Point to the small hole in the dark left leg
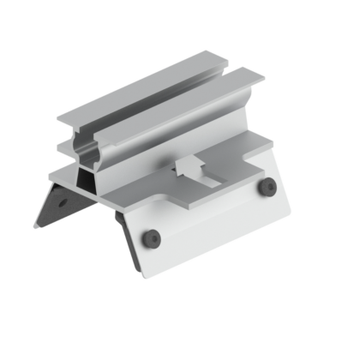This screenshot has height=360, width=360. coord(63,203)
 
